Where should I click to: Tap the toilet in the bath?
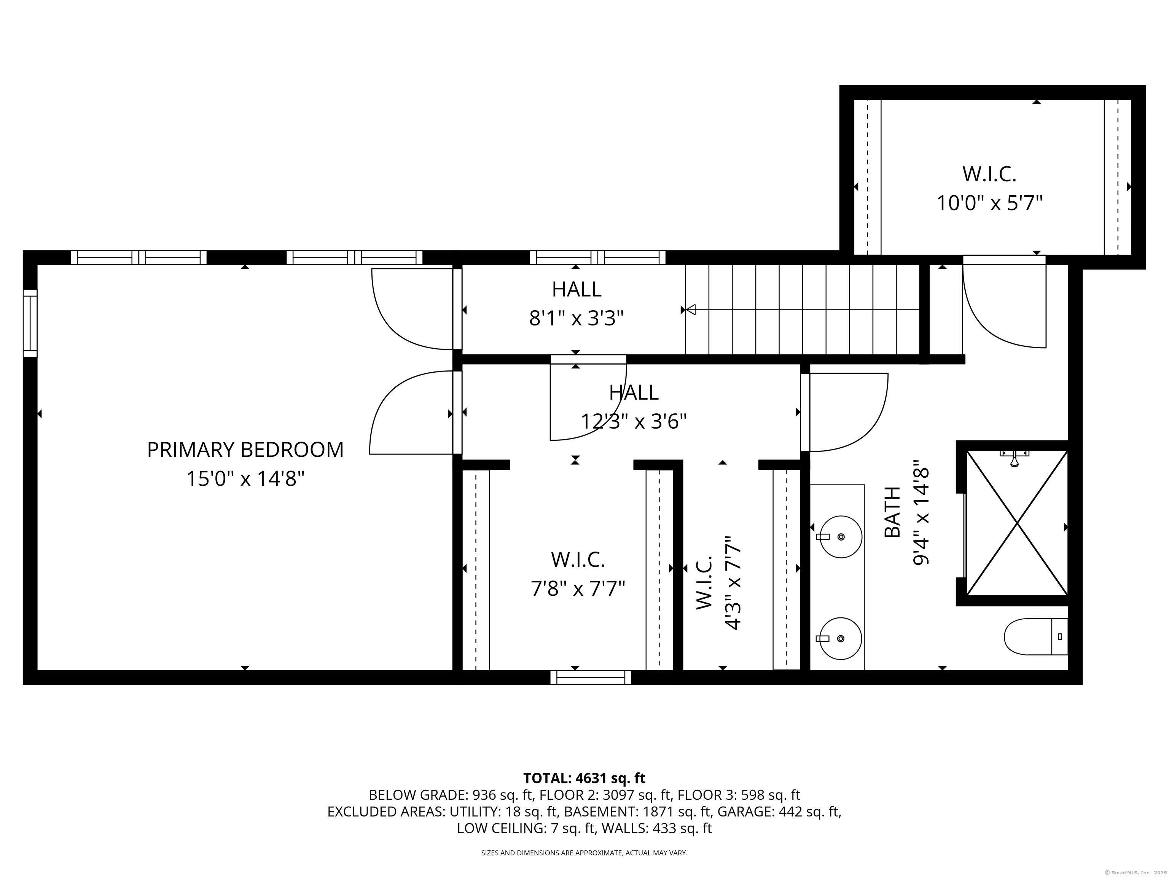pos(1035,636)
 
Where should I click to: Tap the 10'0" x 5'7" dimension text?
pos(989,203)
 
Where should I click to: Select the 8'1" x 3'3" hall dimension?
pos(577,319)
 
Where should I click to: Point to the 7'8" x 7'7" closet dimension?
pos(578,588)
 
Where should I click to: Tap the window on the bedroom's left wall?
pos(30,323)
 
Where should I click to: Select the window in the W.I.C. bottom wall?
pos(591,678)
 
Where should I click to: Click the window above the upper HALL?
pos(598,257)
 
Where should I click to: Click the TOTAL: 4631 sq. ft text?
pos(584,778)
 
